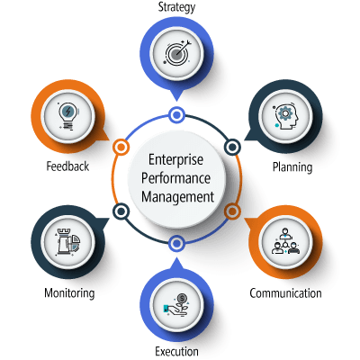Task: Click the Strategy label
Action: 176,7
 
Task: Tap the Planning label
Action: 292,167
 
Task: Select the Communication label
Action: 285,293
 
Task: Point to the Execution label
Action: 176,351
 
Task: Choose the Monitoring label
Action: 69,293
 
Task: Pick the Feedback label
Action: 67,166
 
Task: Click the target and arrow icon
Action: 177,52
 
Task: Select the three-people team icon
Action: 285,241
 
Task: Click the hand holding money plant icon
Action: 176,304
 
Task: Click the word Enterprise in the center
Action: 175,159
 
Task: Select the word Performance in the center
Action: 175,178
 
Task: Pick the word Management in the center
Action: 177,197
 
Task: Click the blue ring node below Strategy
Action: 176,115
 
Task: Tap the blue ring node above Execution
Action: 176,243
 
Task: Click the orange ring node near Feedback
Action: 121,148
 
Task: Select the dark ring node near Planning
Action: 232,147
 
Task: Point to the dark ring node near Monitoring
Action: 121,211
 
